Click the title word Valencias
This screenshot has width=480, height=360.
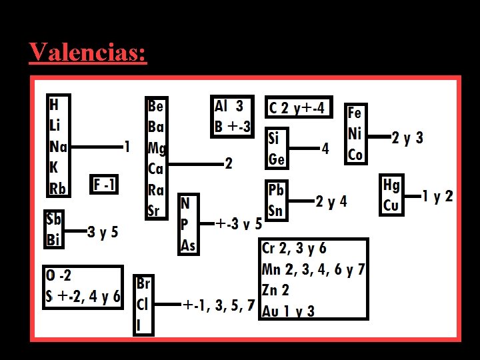[x=87, y=52]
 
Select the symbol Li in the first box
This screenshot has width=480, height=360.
[x=56, y=125]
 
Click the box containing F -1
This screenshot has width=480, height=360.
[x=105, y=183]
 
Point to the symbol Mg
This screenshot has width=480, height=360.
[x=157, y=147]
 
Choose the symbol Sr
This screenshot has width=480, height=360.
[x=154, y=211]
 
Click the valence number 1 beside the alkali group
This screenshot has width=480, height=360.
[x=127, y=146]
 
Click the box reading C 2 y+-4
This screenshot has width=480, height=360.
[x=299, y=108]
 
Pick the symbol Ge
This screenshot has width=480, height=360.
[x=277, y=159]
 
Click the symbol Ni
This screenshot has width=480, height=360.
[x=355, y=133]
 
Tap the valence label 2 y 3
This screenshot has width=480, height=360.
[x=407, y=138]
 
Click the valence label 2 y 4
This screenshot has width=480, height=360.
[x=331, y=201]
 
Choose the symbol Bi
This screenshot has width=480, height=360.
[x=55, y=239]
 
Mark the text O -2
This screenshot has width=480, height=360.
[x=59, y=275]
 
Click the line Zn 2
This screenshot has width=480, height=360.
[x=276, y=290]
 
